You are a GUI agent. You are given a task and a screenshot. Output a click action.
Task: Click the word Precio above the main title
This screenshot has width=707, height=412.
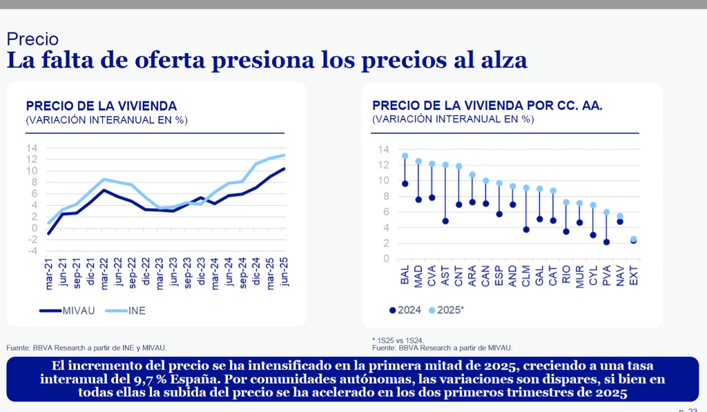pos(32,39)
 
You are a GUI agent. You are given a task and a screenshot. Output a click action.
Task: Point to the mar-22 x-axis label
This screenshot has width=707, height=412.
pos(104,271)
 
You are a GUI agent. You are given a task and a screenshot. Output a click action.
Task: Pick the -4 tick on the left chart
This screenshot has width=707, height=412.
pos(32,251)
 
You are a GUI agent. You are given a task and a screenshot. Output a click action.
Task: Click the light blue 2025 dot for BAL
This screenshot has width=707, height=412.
pos(405,156)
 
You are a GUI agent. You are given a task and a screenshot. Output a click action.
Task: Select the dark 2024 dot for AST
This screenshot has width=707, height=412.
pos(445,221)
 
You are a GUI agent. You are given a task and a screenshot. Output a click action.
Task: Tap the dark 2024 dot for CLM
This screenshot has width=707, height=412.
pos(526,229)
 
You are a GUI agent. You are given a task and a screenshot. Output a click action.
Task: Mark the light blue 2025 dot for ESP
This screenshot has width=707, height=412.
pos(499,184)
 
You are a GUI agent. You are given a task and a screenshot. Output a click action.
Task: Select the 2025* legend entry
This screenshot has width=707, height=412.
pos(446,311)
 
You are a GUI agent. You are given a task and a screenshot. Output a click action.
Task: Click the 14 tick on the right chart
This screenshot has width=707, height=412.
pos(385,149)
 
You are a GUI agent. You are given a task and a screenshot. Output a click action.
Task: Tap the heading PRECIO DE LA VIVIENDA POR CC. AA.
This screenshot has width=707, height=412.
pos(487,106)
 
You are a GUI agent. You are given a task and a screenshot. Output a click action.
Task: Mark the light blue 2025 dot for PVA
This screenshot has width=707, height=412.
pos(607,213)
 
